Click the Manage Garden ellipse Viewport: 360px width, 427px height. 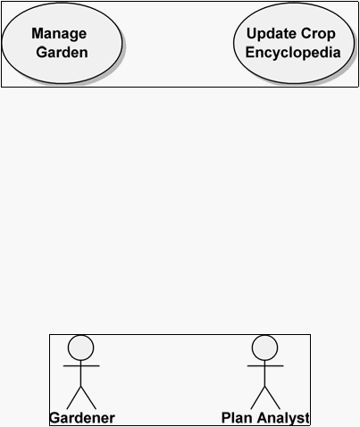pos(62,43)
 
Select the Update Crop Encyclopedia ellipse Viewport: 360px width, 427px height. pos(294,43)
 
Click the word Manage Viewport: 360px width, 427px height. pos(59,34)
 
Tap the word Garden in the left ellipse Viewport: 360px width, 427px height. pos(62,53)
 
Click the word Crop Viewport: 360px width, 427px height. pos(319,34)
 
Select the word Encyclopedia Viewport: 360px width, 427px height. pos(293,53)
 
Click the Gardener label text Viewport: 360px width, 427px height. pos(82,418)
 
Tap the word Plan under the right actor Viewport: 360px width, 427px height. pos(236,418)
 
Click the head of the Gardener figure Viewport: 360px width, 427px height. pos(81,347)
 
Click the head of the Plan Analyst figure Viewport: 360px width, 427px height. pos(264,347)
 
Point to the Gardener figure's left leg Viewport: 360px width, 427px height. pos(74,398)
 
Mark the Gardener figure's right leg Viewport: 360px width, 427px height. pos(88,398)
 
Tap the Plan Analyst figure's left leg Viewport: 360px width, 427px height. pos(258,398)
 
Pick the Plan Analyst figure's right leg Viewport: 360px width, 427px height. pos(272,398)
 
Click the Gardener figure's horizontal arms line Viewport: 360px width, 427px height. pos(81,365)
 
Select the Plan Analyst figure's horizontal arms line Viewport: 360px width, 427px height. pos(265,365)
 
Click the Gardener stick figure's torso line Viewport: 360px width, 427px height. pos(81,373)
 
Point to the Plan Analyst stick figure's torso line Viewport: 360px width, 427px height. pos(264,373)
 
